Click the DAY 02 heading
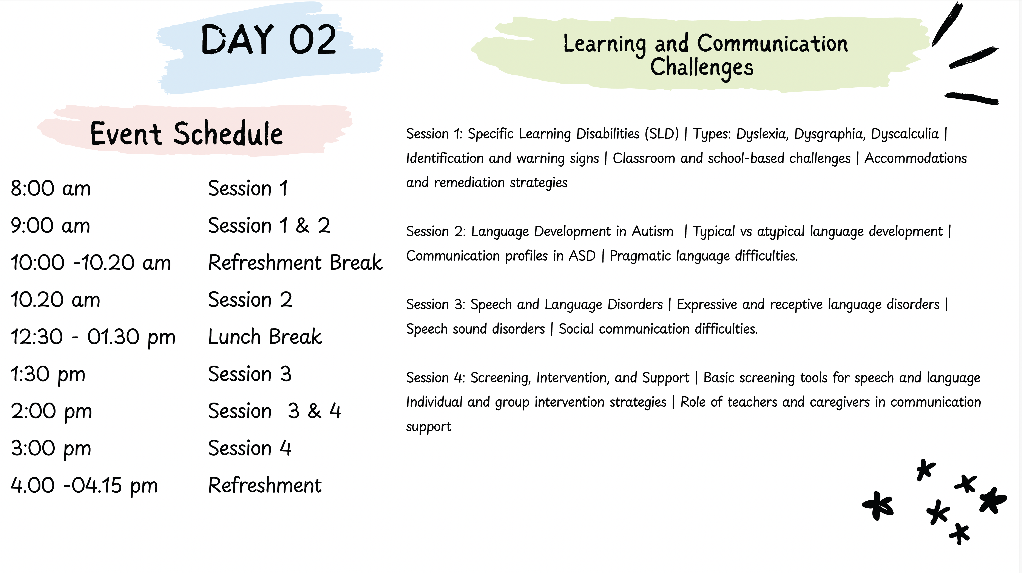click(269, 39)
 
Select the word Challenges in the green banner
click(701, 67)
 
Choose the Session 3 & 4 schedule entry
click(275, 411)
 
